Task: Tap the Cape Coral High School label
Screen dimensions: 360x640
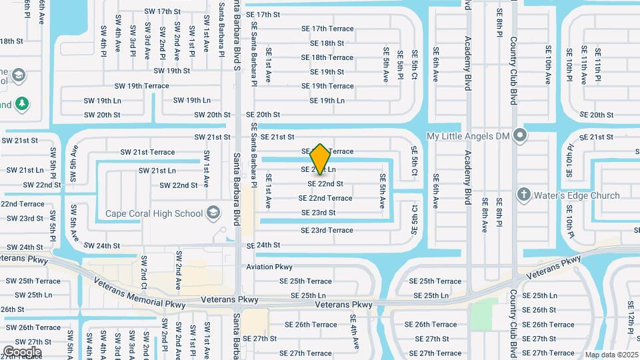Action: pos(154,214)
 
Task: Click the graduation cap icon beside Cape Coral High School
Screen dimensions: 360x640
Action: pos(213,213)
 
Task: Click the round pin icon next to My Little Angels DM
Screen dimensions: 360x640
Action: pos(521,136)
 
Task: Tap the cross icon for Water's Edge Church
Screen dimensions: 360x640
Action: pos(525,195)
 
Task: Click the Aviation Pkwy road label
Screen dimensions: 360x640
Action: pos(269,267)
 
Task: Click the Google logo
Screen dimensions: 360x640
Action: pos(22,351)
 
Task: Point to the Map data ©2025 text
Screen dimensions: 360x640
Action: pos(611,355)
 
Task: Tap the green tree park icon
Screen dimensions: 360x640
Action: pos(22,104)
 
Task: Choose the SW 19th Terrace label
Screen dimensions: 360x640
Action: pos(141,86)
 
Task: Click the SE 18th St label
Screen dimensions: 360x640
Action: pos(327,43)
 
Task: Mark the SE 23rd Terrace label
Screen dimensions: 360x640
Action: pos(327,230)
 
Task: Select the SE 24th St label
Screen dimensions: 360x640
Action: pos(263,245)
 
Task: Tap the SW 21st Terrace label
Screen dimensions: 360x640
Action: pos(149,152)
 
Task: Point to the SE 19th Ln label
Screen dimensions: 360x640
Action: pos(327,101)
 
